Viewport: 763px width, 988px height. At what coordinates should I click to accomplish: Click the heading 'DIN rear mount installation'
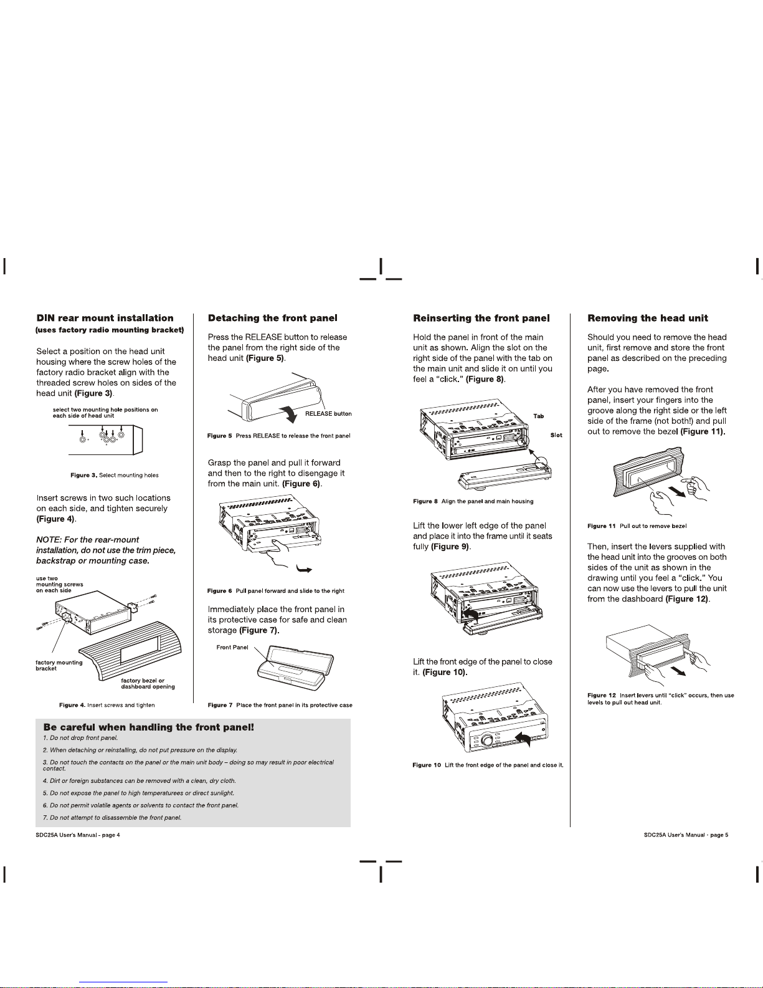(105, 318)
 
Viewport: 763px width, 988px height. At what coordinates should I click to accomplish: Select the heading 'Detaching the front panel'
(273, 318)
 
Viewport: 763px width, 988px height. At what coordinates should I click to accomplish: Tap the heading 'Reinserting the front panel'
(481, 318)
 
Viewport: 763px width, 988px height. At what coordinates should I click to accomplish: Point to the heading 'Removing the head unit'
(648, 318)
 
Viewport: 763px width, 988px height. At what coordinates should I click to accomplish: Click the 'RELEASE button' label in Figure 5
(328, 414)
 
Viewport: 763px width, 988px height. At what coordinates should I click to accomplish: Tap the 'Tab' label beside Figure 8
(539, 416)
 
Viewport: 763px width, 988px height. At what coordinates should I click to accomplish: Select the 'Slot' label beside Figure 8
(556, 435)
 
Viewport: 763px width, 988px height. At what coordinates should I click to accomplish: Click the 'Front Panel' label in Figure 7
(232, 647)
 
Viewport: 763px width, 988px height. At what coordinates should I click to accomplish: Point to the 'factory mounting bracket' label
(59, 666)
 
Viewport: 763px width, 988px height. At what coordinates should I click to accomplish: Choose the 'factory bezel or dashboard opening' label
(148, 683)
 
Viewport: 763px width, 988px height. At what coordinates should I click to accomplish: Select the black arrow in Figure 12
(678, 671)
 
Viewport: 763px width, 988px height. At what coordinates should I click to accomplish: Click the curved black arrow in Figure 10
(523, 739)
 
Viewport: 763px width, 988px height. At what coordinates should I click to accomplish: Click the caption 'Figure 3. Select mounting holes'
(115, 475)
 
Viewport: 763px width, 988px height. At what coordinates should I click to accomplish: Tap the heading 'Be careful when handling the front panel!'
(148, 727)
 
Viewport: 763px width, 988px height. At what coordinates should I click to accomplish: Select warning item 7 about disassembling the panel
(112, 817)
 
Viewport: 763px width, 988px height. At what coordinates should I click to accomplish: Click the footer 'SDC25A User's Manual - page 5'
(686, 835)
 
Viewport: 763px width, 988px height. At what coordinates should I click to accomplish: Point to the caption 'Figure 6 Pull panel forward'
(276, 591)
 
